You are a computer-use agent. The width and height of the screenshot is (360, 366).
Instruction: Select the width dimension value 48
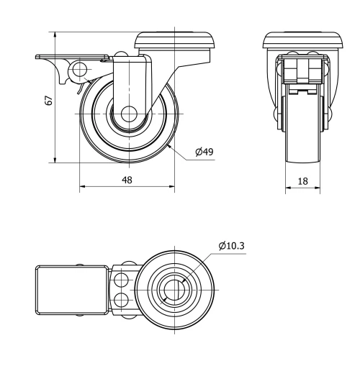pyautogui.click(x=127, y=180)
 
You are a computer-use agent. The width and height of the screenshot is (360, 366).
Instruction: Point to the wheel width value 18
pyautogui.click(x=303, y=181)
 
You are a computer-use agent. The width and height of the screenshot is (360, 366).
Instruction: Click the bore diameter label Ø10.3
pyautogui.click(x=233, y=246)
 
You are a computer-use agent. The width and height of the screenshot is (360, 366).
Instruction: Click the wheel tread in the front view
pyautogui.click(x=303, y=144)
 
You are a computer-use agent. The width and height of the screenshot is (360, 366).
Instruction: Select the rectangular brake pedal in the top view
pyautogui.click(x=72, y=289)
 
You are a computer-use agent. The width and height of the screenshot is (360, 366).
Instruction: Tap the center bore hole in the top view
pyautogui.click(x=173, y=289)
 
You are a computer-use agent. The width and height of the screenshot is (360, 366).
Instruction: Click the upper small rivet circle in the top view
pyautogui.click(x=120, y=278)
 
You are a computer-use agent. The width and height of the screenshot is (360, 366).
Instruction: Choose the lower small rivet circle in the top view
pyautogui.click(x=120, y=299)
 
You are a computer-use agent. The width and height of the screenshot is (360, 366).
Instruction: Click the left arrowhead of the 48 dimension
pyautogui.click(x=81, y=188)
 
